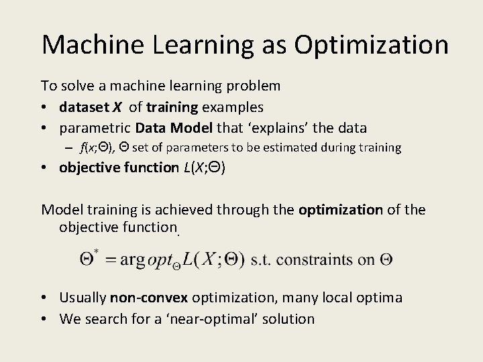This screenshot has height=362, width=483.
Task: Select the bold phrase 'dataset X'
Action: tap(89, 107)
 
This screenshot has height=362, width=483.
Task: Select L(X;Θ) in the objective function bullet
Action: tap(204, 167)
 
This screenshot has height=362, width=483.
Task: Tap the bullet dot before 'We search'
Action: tap(44, 318)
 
